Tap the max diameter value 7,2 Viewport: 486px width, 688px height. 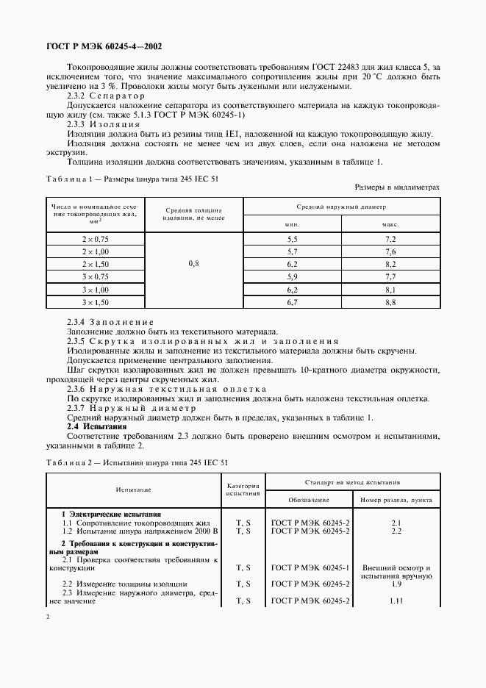point(390,240)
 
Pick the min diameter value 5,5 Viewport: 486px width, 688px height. point(292,240)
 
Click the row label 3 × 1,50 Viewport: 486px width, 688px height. point(96,301)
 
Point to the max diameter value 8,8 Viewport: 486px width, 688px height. point(390,301)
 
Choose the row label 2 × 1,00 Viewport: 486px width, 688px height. point(96,251)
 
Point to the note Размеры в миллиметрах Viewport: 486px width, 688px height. point(397,187)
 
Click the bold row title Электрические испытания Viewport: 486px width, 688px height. point(115,514)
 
